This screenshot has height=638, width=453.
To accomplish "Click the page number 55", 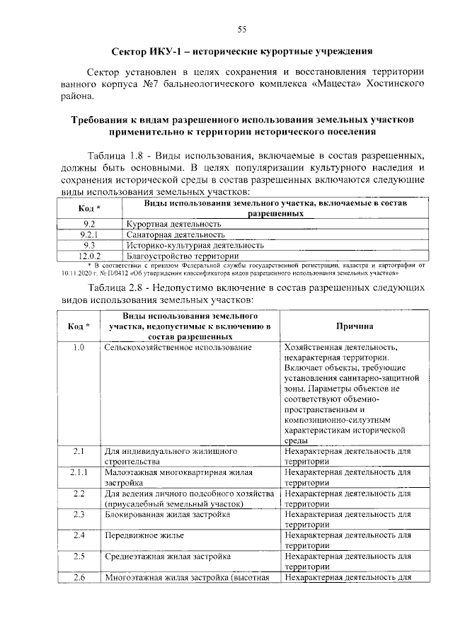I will (241, 29).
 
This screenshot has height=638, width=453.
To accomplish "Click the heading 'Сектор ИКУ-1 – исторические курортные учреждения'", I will (241, 52).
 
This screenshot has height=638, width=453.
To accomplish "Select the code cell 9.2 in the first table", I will (89, 224).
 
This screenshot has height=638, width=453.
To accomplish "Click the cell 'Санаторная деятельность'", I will (176, 234).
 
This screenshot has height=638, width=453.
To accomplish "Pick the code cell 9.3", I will (89, 245).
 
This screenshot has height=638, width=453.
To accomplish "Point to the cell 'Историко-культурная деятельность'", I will (195, 245).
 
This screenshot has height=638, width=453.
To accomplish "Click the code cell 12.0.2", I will (89, 256).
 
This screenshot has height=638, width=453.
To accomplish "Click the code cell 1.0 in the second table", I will (79, 348).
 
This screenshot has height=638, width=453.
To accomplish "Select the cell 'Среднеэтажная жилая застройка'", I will (167, 557).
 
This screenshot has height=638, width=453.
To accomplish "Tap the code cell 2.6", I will (79, 578).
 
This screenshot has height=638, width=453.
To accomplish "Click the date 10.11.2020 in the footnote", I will (78, 272).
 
